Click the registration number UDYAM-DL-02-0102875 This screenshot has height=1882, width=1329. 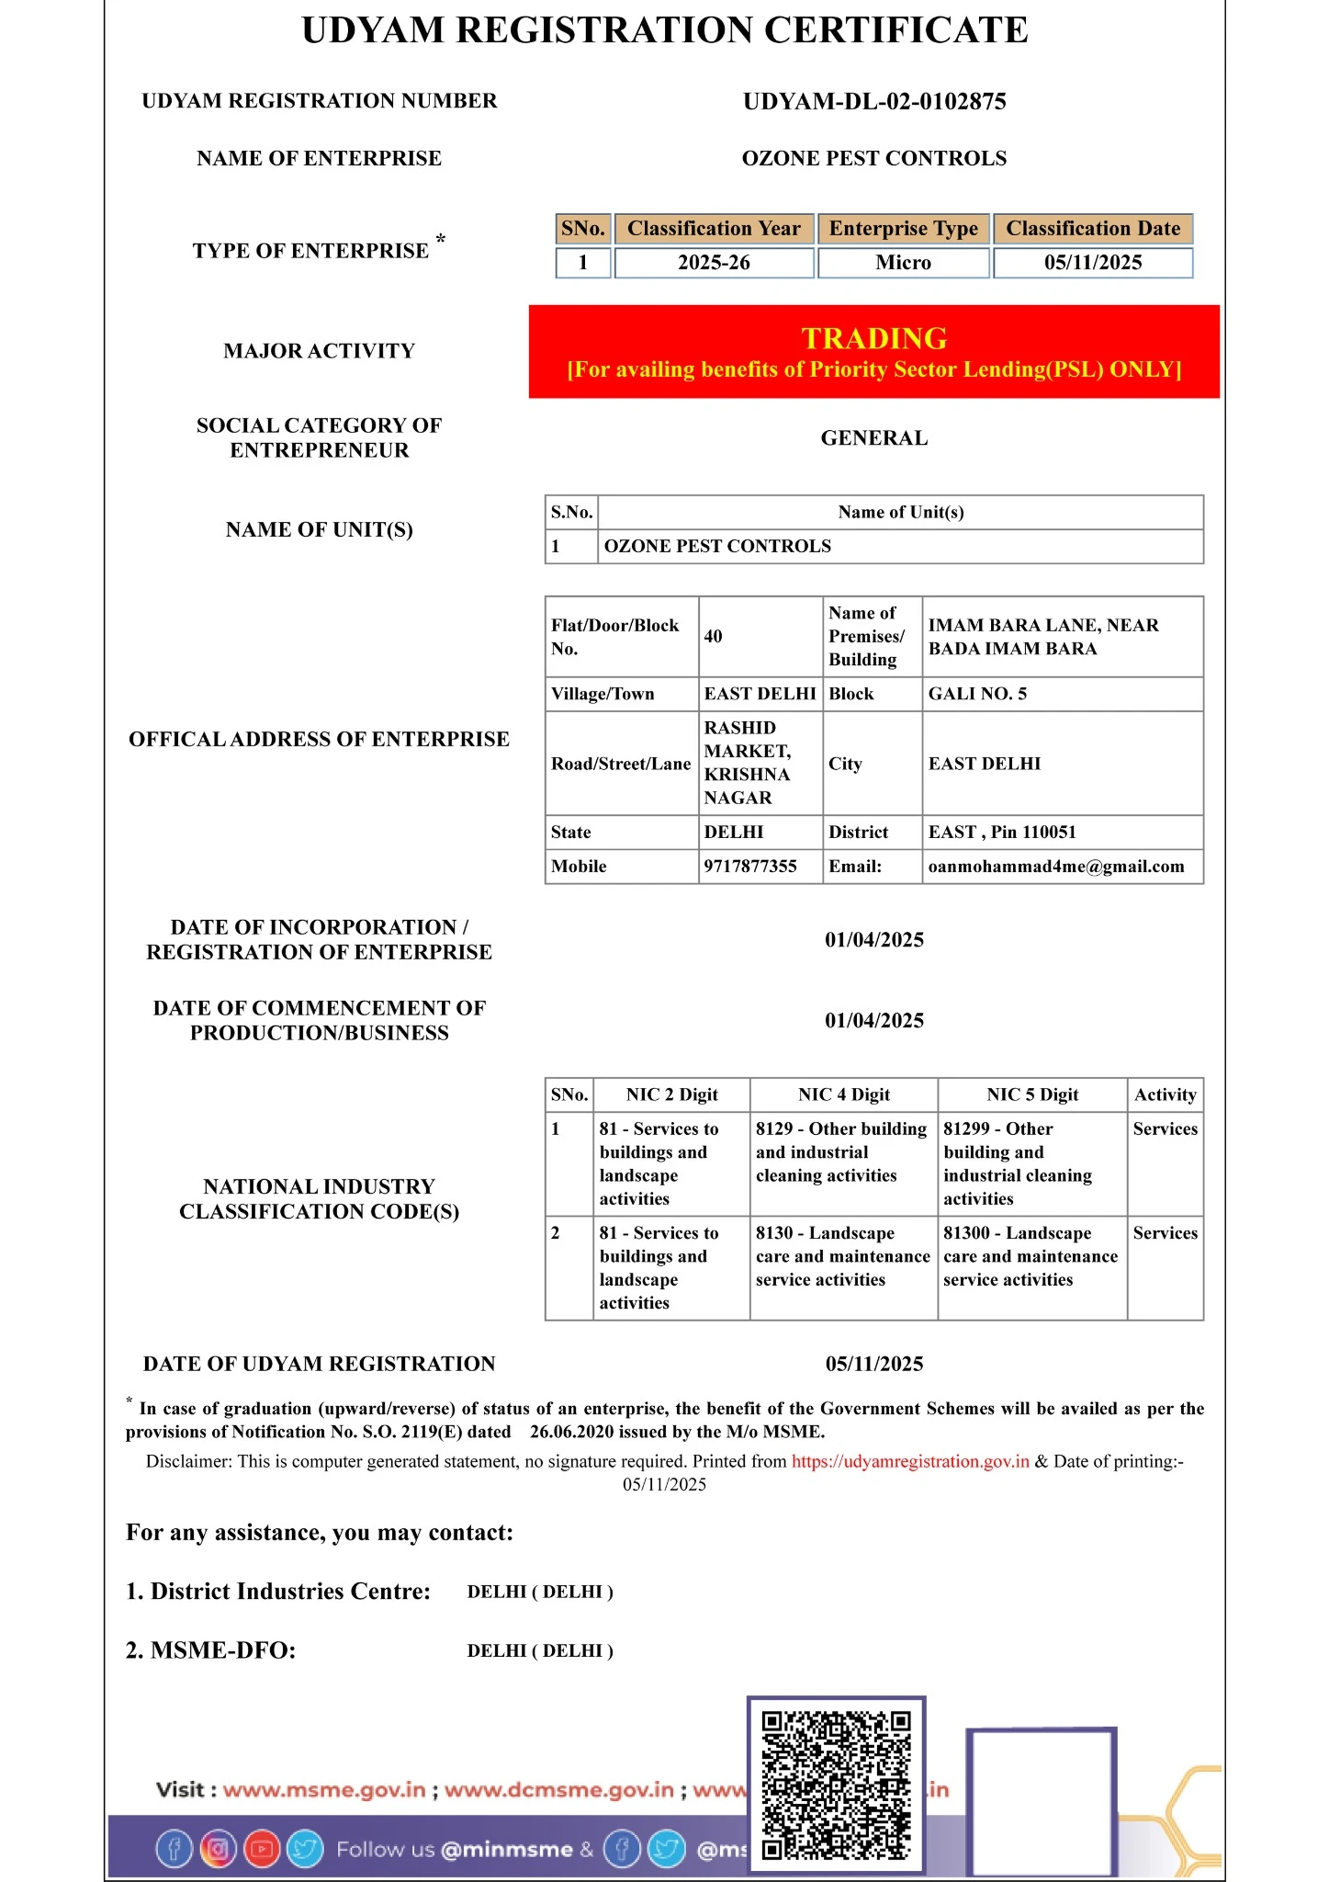tap(874, 101)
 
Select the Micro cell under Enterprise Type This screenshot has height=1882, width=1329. tap(903, 263)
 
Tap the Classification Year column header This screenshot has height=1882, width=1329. tap(714, 229)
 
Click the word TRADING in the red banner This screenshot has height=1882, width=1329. tap(874, 338)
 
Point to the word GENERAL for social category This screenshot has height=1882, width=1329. tap(874, 438)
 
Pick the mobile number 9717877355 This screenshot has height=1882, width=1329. tap(750, 867)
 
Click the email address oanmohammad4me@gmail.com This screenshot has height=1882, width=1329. tap(1056, 867)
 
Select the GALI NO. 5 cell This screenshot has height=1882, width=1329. tap(977, 694)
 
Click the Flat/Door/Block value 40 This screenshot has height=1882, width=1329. tap(714, 637)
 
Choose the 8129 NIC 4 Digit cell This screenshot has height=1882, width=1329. tap(842, 1152)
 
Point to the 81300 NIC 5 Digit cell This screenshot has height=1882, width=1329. tap(1031, 1256)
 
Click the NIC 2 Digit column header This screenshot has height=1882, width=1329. tap(671, 1094)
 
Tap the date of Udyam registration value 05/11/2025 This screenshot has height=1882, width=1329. tap(874, 1364)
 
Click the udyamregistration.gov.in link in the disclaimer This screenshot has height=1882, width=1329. tap(910, 1462)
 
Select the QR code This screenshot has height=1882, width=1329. tap(836, 1785)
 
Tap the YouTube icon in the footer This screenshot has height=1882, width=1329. tap(262, 1849)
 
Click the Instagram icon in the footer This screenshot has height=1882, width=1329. tap(218, 1849)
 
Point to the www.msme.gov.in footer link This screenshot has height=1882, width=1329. tap(324, 1790)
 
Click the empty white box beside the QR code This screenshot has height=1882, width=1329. tap(1042, 1801)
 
